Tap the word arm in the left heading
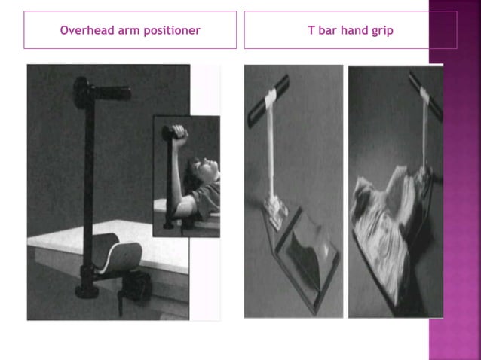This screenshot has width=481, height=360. click(126, 31)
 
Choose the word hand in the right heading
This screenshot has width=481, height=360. click(353, 31)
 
